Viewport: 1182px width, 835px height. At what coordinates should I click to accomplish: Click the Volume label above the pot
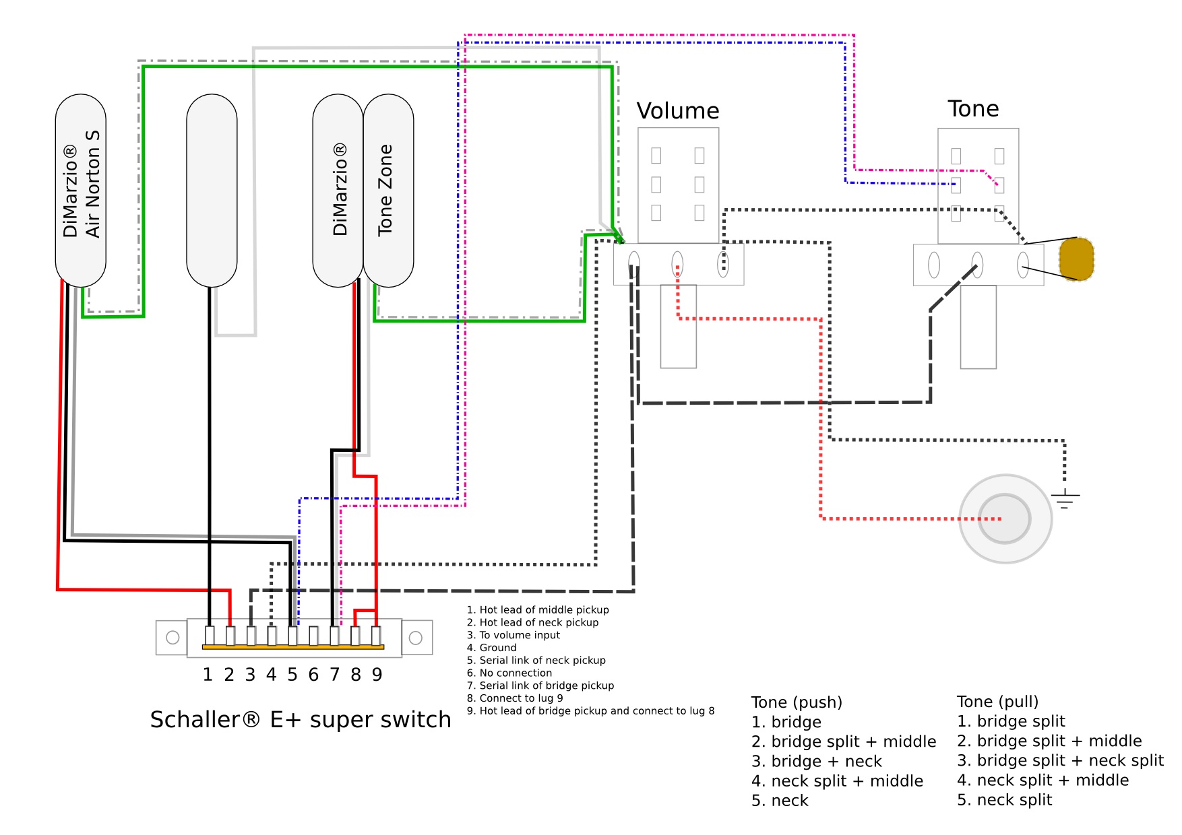click(678, 110)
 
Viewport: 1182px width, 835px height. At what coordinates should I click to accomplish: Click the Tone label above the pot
click(973, 108)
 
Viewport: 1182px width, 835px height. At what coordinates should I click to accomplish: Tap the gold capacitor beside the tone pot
click(1076, 259)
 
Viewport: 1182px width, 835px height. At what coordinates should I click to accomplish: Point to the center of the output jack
click(1005, 519)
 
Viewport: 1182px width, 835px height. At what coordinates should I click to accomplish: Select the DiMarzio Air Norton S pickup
click(81, 191)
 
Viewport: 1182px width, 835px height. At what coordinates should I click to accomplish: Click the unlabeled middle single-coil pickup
click(212, 191)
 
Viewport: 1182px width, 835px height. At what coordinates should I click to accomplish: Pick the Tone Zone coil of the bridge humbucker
click(389, 191)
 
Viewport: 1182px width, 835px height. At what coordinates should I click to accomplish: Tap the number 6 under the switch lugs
click(313, 675)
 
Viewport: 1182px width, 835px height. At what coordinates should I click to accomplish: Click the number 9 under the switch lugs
click(377, 675)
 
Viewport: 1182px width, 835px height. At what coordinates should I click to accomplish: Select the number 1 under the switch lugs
click(208, 675)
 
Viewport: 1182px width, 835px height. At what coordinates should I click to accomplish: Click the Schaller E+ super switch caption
click(301, 720)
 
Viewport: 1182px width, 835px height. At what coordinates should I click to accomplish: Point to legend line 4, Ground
click(492, 648)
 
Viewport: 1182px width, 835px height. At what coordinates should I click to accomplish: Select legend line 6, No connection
click(509, 673)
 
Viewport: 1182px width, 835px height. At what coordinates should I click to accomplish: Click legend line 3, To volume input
click(514, 635)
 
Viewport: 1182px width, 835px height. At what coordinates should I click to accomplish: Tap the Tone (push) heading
click(797, 702)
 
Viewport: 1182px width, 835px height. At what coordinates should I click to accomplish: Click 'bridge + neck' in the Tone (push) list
click(817, 762)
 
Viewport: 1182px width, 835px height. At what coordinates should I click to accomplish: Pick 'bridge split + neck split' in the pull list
click(1060, 761)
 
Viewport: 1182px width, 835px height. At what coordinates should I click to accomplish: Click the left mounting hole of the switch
click(173, 637)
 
